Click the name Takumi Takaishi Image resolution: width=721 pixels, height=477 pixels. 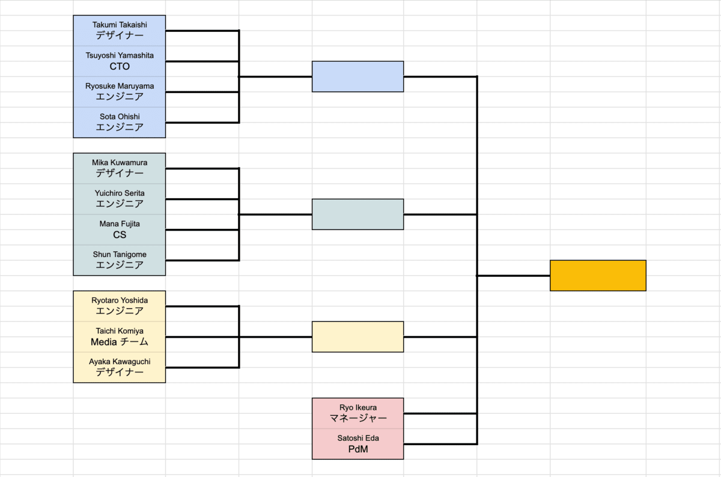pos(120,25)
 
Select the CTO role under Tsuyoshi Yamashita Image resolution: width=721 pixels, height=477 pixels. pos(120,67)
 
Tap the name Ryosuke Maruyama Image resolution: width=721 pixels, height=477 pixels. pos(120,86)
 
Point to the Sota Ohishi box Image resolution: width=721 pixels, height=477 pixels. pos(120,122)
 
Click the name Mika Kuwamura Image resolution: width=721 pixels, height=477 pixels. pos(120,162)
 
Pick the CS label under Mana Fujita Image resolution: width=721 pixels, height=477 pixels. pos(120,235)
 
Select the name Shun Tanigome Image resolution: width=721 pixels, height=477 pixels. pos(120,254)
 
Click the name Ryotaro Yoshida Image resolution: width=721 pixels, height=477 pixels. pos(120,300)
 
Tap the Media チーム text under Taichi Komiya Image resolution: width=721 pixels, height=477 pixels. pos(120,342)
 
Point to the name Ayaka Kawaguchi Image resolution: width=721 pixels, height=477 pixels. pos(120,361)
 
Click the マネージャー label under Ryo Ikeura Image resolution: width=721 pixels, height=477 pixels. pos(358,418)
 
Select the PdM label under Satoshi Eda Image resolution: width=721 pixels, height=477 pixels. pos(358,449)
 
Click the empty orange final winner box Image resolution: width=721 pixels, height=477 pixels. pos(598,275)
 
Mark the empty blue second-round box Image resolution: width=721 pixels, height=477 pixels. pos(357,76)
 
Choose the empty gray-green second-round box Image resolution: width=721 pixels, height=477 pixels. pos(357,214)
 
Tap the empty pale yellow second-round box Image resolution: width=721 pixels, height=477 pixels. pos(357,336)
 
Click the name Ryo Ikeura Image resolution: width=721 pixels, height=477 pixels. pos(358,407)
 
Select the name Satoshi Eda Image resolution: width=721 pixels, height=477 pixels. pos(358,438)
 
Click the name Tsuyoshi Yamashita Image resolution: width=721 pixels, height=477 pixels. pos(120,55)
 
